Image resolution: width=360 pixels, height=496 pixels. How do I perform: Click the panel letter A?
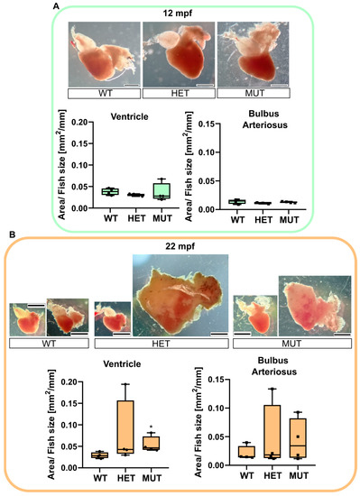57,6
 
